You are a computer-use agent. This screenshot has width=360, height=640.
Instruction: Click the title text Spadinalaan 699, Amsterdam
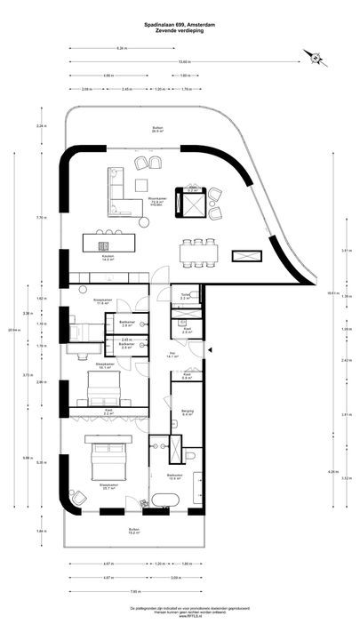pos(180,25)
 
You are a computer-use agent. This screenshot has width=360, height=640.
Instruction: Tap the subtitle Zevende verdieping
pos(180,31)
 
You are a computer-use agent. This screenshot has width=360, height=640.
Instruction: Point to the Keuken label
pos(107,258)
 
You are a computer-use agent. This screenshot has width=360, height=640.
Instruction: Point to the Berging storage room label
pos(188,412)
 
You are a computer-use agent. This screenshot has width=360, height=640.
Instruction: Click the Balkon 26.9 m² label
pos(157,130)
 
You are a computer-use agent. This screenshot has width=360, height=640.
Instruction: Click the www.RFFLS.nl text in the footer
pos(180,618)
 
